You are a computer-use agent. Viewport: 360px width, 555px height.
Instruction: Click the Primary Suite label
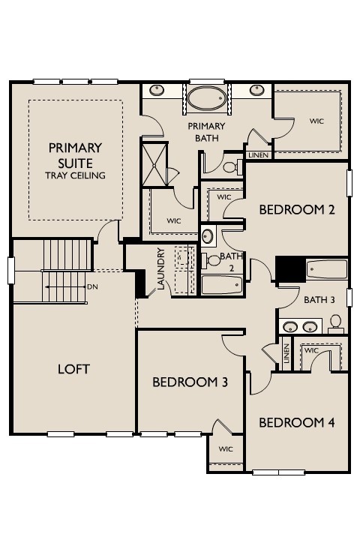(x=76, y=155)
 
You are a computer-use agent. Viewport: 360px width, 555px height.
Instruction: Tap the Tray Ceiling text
(x=76, y=175)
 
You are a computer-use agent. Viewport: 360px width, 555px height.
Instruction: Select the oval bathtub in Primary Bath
(x=206, y=97)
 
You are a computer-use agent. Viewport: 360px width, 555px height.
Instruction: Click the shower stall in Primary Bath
(x=154, y=164)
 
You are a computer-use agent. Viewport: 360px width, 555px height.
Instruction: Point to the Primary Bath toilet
(x=232, y=166)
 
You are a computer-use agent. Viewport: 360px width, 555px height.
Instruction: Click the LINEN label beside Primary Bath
(x=259, y=155)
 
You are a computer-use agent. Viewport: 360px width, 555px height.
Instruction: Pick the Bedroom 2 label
(x=297, y=210)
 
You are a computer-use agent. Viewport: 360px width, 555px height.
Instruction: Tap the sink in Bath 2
(x=208, y=235)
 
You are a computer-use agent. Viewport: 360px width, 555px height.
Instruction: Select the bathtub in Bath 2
(x=222, y=285)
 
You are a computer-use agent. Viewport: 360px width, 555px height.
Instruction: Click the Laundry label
(x=161, y=268)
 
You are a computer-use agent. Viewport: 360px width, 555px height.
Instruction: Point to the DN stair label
(x=92, y=286)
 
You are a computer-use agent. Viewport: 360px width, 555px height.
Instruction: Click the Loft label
(x=73, y=370)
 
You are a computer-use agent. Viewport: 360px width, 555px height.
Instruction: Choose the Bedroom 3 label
(x=190, y=382)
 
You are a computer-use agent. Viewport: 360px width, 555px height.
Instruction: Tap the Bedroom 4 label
(x=297, y=422)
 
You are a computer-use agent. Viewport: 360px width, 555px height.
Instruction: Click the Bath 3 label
(x=319, y=300)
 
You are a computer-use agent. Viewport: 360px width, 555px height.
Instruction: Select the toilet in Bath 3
(x=335, y=324)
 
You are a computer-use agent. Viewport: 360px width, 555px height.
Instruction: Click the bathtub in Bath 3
(x=326, y=270)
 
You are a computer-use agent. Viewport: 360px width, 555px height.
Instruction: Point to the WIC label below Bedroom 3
(x=226, y=449)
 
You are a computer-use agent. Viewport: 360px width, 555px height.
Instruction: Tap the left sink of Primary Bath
(x=157, y=90)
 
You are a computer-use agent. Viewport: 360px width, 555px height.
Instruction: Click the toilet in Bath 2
(x=211, y=260)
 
